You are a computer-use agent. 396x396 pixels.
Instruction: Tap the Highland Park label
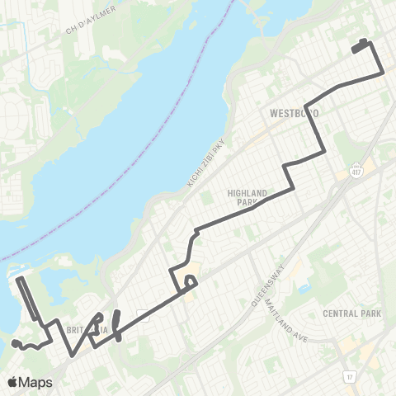(247, 197)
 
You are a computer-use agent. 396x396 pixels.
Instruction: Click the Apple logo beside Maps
(14, 382)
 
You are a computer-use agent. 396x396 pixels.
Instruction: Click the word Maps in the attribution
(37, 382)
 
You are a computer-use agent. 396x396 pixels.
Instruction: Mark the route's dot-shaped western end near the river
(16, 342)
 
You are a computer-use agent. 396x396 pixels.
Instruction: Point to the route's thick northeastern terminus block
(361, 46)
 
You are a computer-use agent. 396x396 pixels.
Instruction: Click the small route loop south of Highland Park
(191, 281)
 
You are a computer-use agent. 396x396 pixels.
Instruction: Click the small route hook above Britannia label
(98, 318)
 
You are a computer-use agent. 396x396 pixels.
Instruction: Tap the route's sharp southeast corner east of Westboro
(382, 73)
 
